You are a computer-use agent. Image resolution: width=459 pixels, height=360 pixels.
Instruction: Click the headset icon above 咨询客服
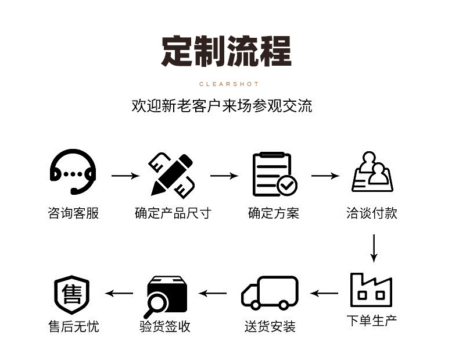click(x=73, y=172)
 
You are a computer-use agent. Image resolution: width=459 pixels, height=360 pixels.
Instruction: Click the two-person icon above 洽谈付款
click(x=372, y=172)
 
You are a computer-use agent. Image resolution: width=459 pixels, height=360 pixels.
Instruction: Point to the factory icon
click(x=371, y=290)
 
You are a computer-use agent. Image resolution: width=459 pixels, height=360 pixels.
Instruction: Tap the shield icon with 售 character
click(x=72, y=294)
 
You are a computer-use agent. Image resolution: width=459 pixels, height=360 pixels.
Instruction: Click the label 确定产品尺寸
click(x=173, y=213)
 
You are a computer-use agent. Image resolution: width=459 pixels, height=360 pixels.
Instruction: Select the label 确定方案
click(x=274, y=213)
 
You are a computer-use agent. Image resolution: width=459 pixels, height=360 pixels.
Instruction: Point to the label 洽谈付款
click(x=372, y=213)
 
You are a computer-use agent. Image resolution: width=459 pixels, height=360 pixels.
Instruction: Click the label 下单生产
click(x=372, y=320)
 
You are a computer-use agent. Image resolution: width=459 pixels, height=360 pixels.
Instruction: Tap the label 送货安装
click(x=270, y=327)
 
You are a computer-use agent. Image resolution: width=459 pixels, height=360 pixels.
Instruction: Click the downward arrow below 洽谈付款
click(x=374, y=248)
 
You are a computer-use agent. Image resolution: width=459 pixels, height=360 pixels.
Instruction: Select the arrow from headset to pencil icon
click(x=125, y=176)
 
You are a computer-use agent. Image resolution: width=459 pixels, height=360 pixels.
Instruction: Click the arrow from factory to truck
click(x=324, y=293)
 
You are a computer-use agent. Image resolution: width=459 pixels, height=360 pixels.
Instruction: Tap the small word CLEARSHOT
click(x=229, y=84)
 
